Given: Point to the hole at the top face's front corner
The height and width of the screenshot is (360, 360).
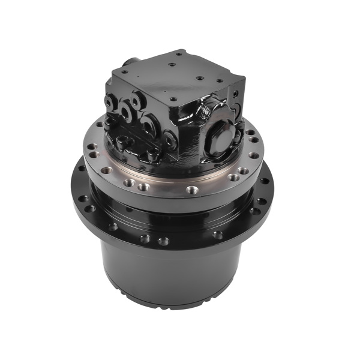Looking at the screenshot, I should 173,99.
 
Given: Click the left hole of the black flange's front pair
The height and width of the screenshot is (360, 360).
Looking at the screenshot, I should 145,239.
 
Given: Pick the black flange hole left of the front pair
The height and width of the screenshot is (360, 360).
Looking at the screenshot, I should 112,227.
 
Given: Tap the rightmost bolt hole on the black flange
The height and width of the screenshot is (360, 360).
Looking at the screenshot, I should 265,181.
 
